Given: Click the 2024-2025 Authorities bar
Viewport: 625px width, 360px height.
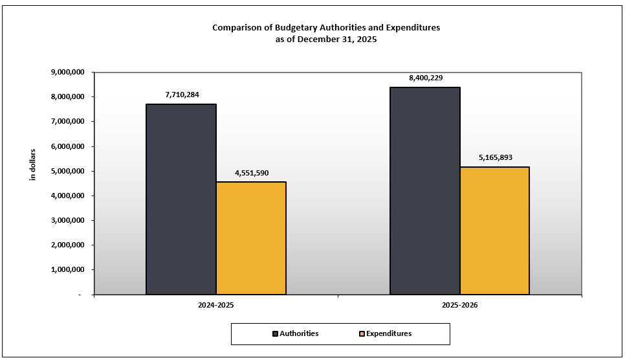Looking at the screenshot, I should pyautogui.click(x=181, y=199).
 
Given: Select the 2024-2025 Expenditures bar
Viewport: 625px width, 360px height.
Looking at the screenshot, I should pyautogui.click(x=251, y=238).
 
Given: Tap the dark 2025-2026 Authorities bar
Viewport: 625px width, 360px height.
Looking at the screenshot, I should pyautogui.click(x=425, y=190).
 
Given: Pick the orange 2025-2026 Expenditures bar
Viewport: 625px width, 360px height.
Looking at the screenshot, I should pyautogui.click(x=495, y=231).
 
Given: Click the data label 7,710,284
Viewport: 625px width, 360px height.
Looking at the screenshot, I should pyautogui.click(x=182, y=95).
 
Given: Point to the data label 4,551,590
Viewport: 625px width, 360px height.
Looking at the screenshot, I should pyautogui.click(x=252, y=173).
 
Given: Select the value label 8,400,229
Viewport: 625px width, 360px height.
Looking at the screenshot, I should pyautogui.click(x=426, y=78).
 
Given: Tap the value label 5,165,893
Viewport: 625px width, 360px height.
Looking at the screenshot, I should pyautogui.click(x=496, y=157).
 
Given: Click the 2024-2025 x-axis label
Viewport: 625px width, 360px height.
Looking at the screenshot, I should pyautogui.click(x=216, y=304).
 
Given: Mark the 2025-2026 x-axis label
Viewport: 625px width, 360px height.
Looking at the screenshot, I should pyautogui.click(x=460, y=304).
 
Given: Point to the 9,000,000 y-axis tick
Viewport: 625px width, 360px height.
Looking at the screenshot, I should pyautogui.click(x=67, y=73).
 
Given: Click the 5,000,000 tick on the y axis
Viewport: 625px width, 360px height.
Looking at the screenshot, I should pyautogui.click(x=67, y=171).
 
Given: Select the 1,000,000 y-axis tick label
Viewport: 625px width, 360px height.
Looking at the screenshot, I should pyautogui.click(x=67, y=270).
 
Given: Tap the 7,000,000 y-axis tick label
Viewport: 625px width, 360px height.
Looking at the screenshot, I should pyautogui.click(x=67, y=122).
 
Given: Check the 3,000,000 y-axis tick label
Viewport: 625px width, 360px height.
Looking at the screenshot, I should pyautogui.click(x=67, y=221).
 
